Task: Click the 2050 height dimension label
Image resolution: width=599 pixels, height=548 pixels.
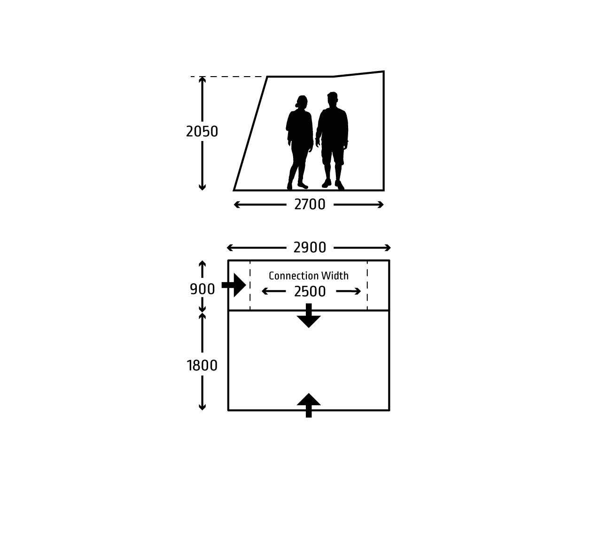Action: pos(202,132)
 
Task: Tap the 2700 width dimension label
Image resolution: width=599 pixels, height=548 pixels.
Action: pos(310,205)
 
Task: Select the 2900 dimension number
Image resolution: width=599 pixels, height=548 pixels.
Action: pos(310,248)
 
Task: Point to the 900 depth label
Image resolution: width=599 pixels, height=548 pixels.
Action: pos(202,289)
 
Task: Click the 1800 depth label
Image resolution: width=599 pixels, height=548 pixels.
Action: pos(202,366)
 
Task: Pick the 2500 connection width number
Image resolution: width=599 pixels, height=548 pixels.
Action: pos(310,292)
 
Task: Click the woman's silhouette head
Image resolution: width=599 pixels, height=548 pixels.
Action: pos(302,102)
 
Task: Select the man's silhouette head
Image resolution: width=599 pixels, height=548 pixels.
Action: pos(332,100)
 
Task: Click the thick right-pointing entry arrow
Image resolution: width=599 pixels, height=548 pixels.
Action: pos(234,285)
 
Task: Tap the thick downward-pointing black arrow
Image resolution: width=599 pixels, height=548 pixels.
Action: pos(309,315)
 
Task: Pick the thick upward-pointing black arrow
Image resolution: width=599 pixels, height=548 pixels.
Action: pos(309,405)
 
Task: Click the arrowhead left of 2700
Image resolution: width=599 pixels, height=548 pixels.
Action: pos(237,205)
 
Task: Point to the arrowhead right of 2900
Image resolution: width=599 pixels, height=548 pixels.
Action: pos(387,248)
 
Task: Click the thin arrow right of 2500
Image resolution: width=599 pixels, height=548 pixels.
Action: pos(349,291)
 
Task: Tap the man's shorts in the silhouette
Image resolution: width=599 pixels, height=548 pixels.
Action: pos(333,154)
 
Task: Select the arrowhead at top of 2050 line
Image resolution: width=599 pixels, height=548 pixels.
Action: pos(202,80)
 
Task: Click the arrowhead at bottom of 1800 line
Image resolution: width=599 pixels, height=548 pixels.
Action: pos(202,407)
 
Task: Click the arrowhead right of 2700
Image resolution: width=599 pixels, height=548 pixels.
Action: pos(380,205)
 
